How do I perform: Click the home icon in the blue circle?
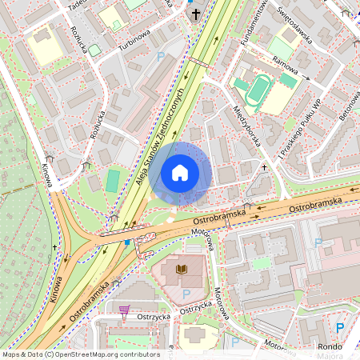click(x=180, y=172)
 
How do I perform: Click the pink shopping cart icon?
click(x=124, y=309)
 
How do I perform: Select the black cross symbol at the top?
click(x=194, y=14)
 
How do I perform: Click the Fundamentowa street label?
click(x=242, y=24)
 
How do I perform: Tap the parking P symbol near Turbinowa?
click(x=161, y=57)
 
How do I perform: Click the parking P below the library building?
click(x=175, y=294)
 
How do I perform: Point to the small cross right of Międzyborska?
click(x=264, y=166)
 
